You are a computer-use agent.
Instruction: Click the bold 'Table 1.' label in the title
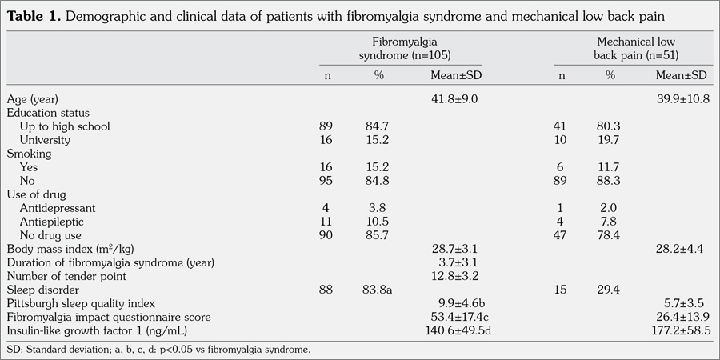pos(33,15)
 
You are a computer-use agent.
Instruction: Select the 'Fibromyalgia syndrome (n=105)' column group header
pos(401,48)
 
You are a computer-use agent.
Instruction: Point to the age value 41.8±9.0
pos(454,98)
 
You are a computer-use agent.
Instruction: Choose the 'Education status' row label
pos(48,113)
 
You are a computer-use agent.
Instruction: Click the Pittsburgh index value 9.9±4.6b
pos(457,302)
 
